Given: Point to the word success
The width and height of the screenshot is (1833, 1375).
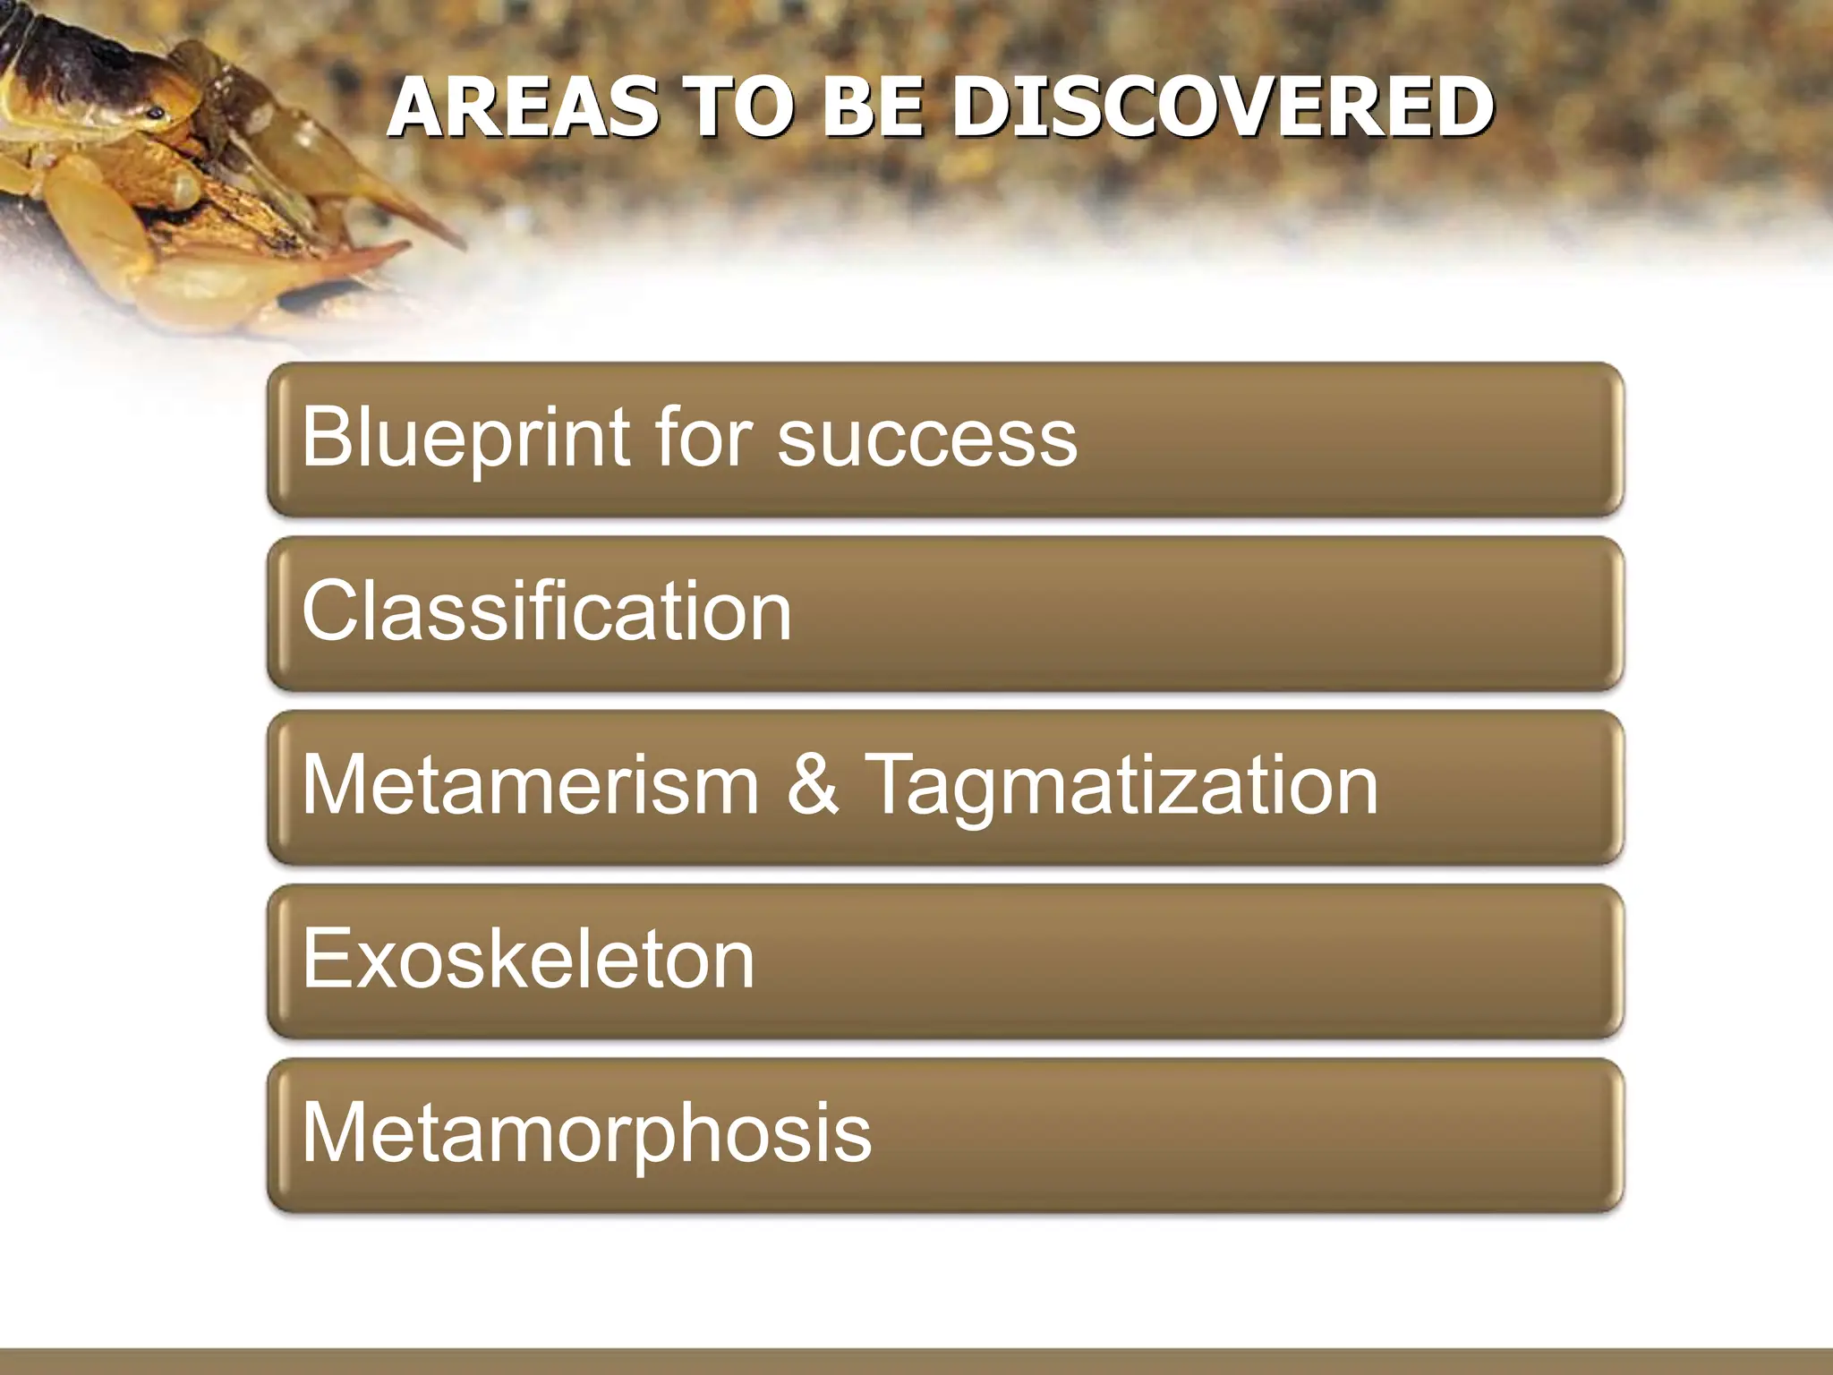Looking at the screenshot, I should [x=927, y=438].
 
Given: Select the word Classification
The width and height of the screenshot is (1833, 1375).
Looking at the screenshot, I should [x=547, y=611].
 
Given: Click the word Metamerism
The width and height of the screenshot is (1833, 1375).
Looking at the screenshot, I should [x=531, y=785].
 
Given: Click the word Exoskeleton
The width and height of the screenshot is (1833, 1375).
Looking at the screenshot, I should [x=528, y=959].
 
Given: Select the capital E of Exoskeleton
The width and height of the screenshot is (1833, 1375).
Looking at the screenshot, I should [x=326, y=958].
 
